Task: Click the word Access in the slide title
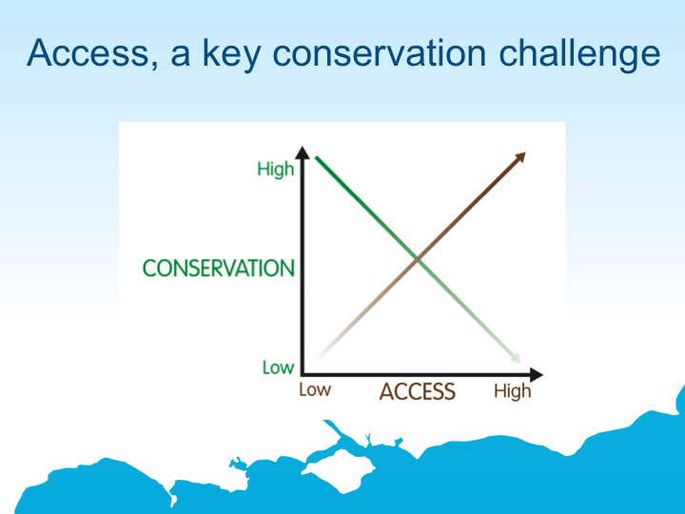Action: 88,53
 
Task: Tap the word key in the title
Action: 232,54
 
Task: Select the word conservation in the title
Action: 380,53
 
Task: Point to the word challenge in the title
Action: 579,54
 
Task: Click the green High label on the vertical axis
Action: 276,168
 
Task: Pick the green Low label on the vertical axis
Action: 278,367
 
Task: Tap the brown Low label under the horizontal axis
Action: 315,390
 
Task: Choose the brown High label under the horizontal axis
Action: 513,391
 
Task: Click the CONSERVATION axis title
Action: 219,267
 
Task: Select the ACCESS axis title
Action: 418,391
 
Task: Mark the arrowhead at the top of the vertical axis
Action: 302,153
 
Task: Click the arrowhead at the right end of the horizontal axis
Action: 536,375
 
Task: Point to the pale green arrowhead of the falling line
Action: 515,357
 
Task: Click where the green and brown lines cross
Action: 418,261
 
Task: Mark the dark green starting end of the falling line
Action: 316,157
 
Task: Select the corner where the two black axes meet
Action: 303,374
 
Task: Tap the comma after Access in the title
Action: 154,66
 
